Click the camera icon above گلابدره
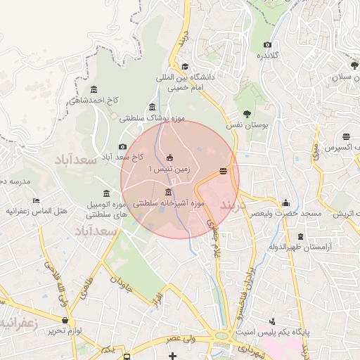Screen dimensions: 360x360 (x=268, y=45)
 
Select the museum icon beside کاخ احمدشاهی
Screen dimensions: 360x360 (x=94, y=89)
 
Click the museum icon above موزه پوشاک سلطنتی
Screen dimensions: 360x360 (x=152, y=107)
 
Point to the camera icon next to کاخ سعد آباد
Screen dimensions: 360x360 (x=123, y=146)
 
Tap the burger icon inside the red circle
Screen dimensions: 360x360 (x=224, y=171)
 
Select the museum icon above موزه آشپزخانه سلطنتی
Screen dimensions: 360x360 (x=168, y=192)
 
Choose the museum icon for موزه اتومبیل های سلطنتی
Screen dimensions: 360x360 (x=106, y=193)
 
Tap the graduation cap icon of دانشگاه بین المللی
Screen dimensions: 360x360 (x=185, y=66)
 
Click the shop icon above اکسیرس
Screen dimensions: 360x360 (x=346, y=137)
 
